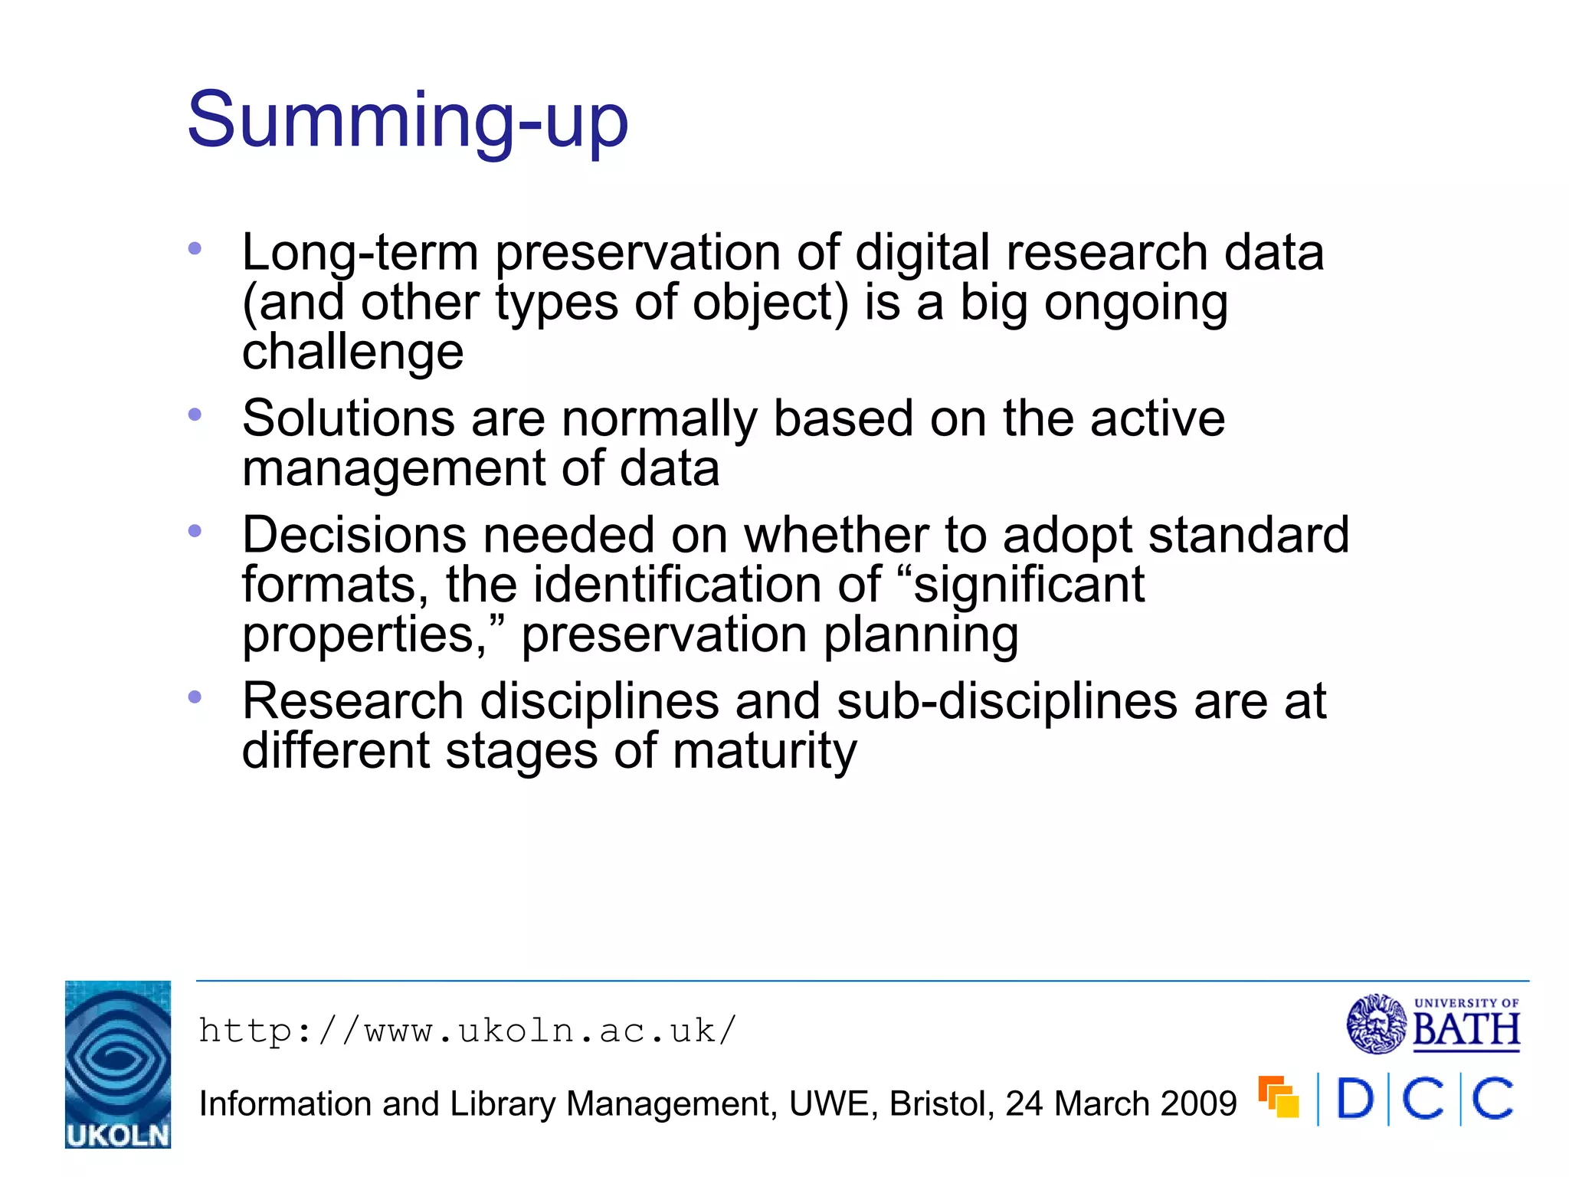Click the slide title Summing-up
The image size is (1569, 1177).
point(408,121)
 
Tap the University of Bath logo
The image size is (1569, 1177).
point(1433,1024)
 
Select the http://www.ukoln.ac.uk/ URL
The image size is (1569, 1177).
point(467,1031)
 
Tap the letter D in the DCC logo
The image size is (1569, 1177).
point(1354,1100)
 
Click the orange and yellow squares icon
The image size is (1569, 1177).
point(1279,1097)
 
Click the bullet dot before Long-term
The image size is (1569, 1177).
point(195,248)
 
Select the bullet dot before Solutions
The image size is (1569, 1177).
point(195,415)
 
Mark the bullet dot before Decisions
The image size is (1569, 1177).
point(195,530)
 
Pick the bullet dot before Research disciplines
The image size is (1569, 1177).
point(195,697)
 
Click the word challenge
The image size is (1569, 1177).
point(352,352)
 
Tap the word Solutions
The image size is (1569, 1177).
point(349,418)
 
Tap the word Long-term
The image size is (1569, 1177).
point(360,253)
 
